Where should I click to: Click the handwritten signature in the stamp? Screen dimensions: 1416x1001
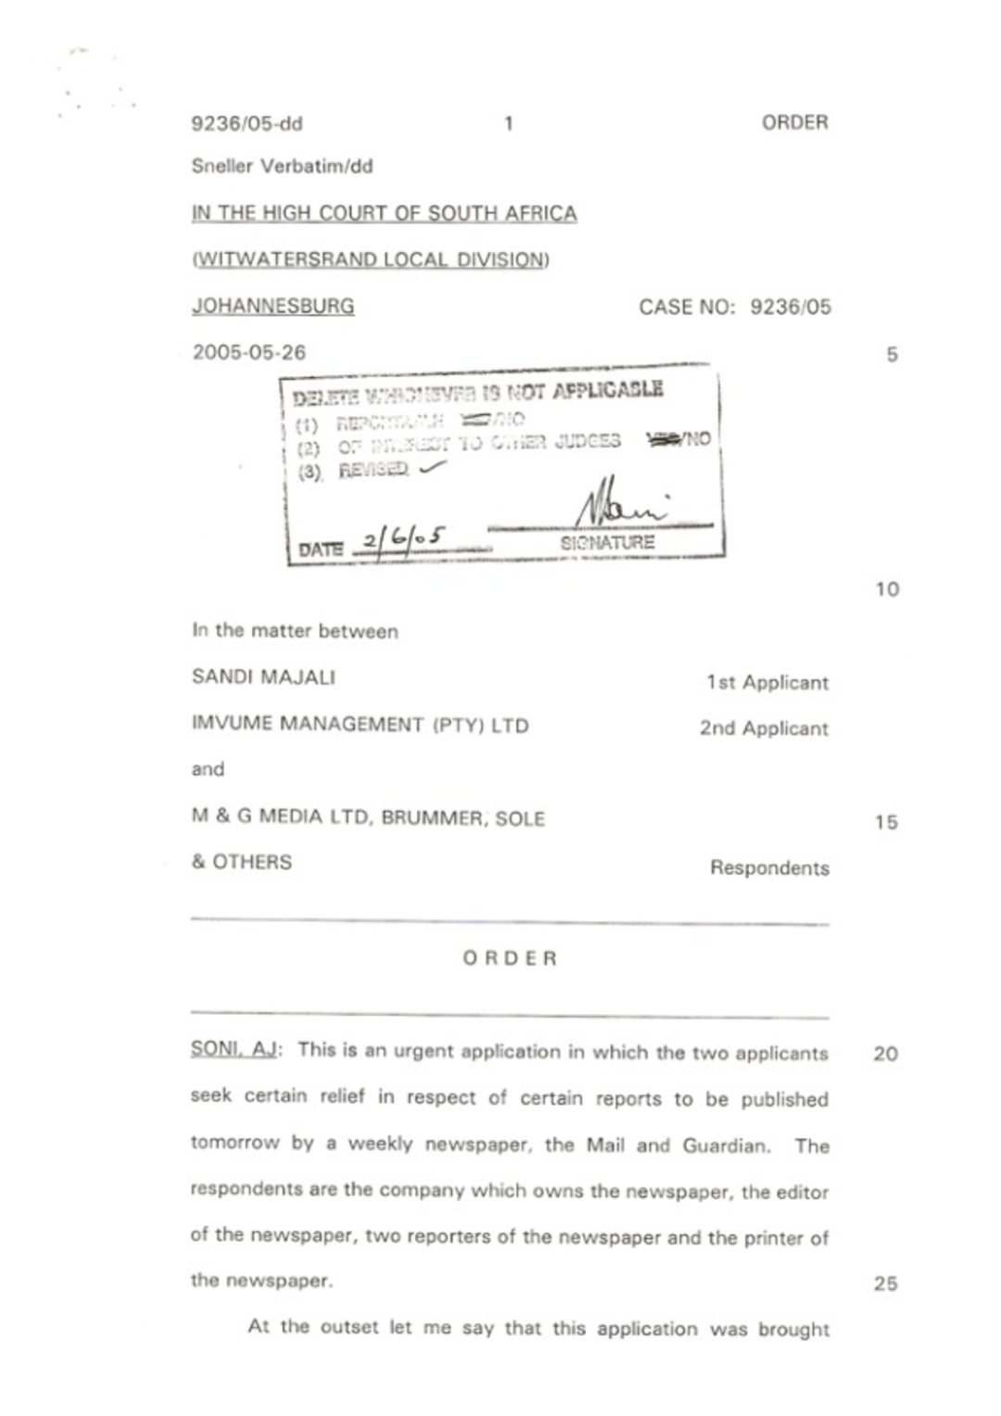pos(619,506)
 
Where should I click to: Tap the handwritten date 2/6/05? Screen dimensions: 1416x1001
pos(404,539)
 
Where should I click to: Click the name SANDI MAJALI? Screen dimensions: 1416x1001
pos(263,677)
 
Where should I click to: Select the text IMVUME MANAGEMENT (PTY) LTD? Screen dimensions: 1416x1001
pos(360,725)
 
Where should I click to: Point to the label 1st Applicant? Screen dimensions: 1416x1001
pos(767,683)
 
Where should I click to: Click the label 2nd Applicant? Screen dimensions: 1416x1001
pos(764,728)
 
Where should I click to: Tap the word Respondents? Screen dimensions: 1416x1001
pos(769,868)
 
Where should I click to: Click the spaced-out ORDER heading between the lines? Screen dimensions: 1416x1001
pos(510,958)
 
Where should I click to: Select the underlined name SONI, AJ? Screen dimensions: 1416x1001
pos(234,1050)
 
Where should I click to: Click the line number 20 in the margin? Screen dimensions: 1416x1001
pos(885,1054)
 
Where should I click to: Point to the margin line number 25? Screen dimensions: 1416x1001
pos(885,1283)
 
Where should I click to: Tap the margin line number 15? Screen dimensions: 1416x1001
pos(885,822)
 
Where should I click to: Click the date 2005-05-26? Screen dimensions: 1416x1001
pos(248,353)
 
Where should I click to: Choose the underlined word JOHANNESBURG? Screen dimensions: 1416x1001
pos(272,306)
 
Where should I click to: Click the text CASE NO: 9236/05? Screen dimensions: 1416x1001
pos(734,307)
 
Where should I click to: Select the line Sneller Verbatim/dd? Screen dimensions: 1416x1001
pos(282,167)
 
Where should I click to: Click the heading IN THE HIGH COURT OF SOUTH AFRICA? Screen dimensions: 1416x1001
pos(384,213)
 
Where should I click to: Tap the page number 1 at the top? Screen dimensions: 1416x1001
pos(508,123)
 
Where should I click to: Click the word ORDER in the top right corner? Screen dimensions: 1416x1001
pos(794,122)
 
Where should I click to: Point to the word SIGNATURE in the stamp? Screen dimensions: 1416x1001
pos(607,543)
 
